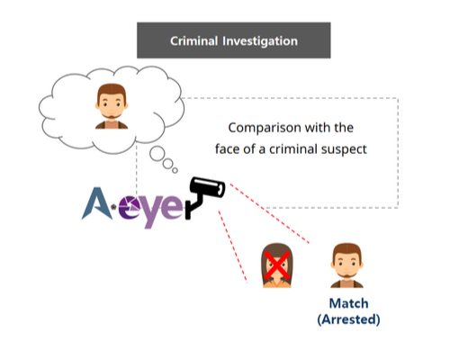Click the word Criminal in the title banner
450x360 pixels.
193,41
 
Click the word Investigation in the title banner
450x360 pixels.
260,41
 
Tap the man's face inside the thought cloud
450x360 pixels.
112,103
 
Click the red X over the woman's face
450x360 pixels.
277,265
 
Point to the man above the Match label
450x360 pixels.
346,265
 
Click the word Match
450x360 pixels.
348,303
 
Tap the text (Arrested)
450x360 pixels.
348,319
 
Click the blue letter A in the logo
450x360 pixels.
97,203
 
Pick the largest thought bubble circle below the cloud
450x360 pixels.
157,154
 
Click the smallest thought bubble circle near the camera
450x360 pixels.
175,171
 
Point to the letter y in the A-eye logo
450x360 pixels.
152,211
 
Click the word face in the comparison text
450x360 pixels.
227,148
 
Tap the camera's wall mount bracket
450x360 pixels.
193,206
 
